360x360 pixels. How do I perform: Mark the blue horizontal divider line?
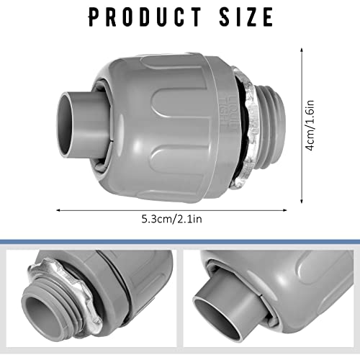pyautogui.click(x=180, y=241)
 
